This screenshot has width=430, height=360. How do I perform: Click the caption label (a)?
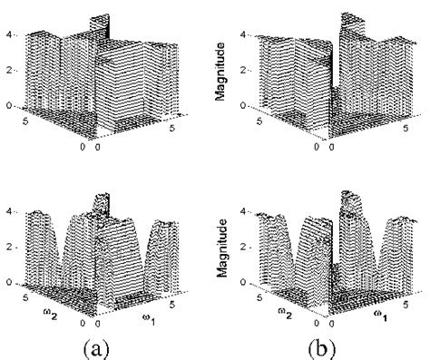click(107, 345)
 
